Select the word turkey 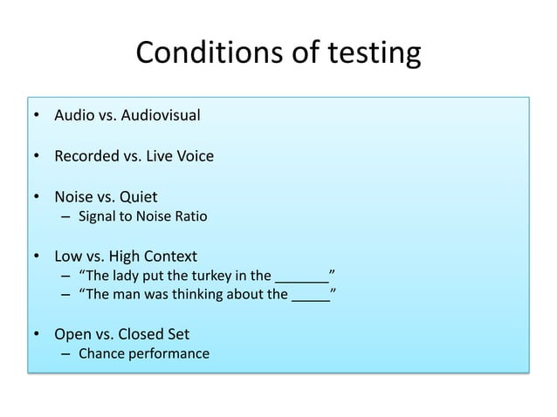click(x=202, y=277)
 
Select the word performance click(x=167, y=354)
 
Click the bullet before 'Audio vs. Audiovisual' click(x=37, y=114)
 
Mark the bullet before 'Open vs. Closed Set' click(x=37, y=334)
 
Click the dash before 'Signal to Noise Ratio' click(x=66, y=215)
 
